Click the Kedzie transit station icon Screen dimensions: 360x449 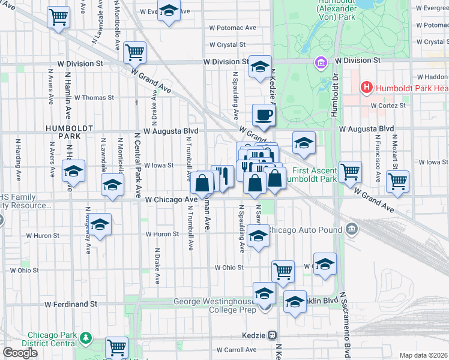point(272,335)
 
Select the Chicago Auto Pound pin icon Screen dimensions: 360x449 point(352,229)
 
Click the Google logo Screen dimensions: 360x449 point(20,353)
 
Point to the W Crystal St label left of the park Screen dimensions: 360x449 point(227,44)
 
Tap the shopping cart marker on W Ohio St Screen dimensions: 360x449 point(283,270)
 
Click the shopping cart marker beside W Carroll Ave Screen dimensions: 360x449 point(116,347)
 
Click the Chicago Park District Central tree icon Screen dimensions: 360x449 point(86,338)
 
